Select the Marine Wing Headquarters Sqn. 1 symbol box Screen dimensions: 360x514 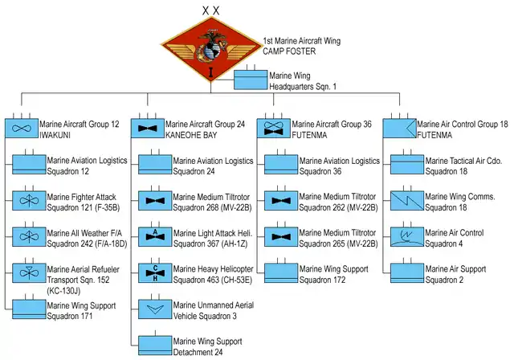pos(251,80)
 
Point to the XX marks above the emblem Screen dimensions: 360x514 pos(210,9)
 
